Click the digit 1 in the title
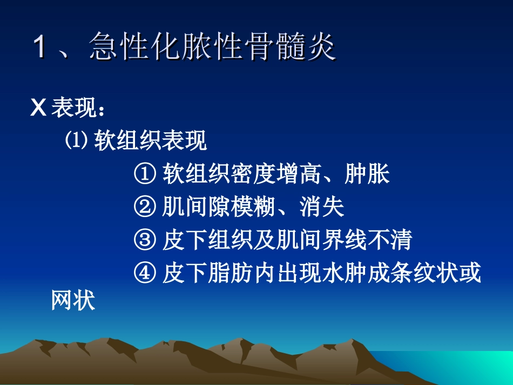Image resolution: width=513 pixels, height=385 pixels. click(x=39, y=47)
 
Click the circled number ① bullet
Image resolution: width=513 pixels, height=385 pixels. click(x=145, y=174)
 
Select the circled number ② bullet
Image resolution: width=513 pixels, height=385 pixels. click(x=145, y=207)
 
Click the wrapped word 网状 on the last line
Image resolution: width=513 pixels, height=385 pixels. click(x=73, y=301)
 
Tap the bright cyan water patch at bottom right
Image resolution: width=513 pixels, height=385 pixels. click(x=475, y=367)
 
